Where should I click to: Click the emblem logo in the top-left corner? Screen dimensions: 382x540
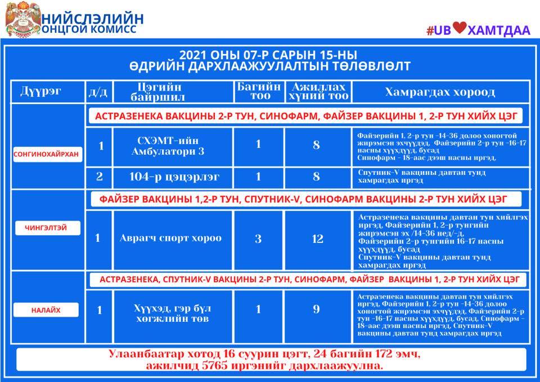(21, 19)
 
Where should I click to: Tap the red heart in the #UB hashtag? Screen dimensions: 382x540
(460, 29)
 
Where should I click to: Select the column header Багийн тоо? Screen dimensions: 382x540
(258, 91)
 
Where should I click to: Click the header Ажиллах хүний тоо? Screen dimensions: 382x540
(317, 91)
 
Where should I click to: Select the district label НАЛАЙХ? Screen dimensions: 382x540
(46, 310)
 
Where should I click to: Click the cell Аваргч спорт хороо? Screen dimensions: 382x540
(170, 238)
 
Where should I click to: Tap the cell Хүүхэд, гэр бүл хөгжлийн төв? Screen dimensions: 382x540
(172, 314)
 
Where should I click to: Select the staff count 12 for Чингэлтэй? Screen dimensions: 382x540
(317, 239)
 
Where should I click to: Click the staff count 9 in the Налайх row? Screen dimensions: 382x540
(317, 309)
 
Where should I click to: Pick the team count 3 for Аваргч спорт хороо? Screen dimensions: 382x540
(258, 239)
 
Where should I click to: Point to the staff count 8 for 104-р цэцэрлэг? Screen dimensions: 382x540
(316, 177)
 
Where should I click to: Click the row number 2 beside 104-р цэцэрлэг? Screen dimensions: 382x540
(100, 177)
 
